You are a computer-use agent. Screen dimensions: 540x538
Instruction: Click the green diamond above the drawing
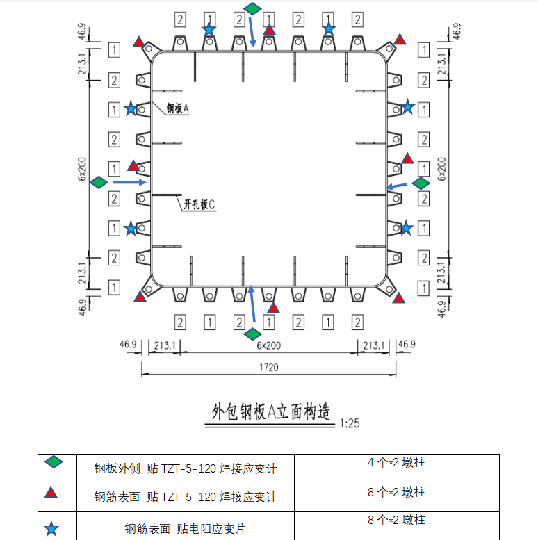253,8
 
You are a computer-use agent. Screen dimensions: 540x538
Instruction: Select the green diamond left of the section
99,182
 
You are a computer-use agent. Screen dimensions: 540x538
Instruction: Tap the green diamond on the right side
421,183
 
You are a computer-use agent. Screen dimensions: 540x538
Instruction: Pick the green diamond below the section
253,334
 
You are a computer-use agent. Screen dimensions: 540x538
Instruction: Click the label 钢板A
178,109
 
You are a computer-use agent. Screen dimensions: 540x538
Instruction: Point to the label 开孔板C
199,204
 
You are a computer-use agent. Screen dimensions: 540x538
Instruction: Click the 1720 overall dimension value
269,368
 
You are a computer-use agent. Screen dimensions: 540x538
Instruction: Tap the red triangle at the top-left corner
140,42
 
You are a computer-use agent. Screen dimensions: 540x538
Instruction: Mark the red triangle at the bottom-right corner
398,298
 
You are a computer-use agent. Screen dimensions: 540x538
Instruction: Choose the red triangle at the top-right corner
400,40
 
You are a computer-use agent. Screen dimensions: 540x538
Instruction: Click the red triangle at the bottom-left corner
140,297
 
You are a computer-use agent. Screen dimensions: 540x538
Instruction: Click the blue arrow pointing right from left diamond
129,182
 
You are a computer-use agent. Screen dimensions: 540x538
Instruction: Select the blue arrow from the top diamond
251,31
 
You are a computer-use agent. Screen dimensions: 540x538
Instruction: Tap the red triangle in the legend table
51,493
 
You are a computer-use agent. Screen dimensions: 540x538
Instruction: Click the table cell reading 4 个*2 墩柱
396,462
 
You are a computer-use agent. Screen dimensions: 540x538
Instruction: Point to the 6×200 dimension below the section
269,345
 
